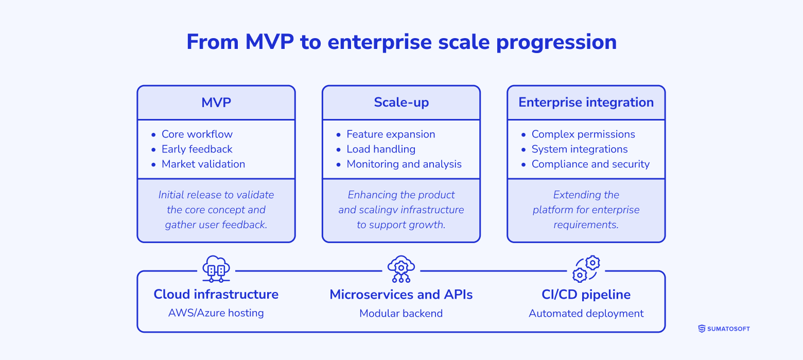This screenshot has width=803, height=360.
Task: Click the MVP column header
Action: point(216,102)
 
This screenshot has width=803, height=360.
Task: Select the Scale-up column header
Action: point(401,102)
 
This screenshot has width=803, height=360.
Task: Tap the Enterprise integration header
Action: point(586,102)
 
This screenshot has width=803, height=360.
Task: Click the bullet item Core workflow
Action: point(197,134)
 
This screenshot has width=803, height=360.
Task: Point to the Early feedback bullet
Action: point(197,149)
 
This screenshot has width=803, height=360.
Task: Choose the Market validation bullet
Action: point(203,164)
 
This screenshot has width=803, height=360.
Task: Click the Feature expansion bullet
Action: point(391,134)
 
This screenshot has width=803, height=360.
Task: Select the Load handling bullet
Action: point(380,149)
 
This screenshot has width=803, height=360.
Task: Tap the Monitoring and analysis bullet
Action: point(404,164)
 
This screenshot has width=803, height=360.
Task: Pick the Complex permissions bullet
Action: point(583,134)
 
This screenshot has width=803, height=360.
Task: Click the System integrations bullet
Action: point(579,149)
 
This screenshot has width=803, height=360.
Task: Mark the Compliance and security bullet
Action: point(590,164)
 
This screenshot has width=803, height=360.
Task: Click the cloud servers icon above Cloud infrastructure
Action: point(216,269)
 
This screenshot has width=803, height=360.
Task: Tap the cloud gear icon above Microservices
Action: point(401,269)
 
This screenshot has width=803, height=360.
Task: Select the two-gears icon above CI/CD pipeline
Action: point(586,269)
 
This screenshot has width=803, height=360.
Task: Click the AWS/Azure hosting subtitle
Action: point(216,313)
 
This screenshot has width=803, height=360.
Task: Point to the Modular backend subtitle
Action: point(401,313)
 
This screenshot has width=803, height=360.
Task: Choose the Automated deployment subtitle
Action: point(586,313)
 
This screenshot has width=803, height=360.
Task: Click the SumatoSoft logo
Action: point(724,329)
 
